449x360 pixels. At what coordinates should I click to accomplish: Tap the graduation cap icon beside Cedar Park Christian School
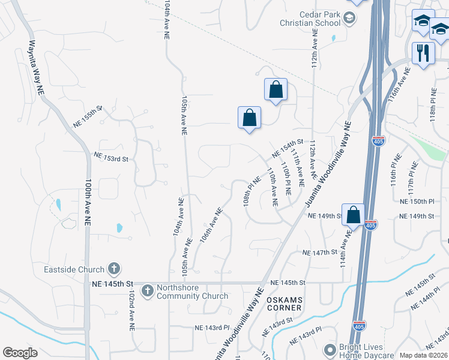tap(348, 19)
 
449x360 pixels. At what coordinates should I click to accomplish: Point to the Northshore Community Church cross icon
tap(147, 291)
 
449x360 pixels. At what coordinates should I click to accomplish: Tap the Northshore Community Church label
tap(192, 292)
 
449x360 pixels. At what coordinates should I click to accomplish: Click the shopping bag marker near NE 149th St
tap(354, 214)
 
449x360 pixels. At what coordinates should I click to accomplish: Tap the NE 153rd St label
tap(111, 157)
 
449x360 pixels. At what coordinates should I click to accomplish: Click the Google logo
tap(20, 353)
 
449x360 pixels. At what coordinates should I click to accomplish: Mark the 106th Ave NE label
tap(211, 224)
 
